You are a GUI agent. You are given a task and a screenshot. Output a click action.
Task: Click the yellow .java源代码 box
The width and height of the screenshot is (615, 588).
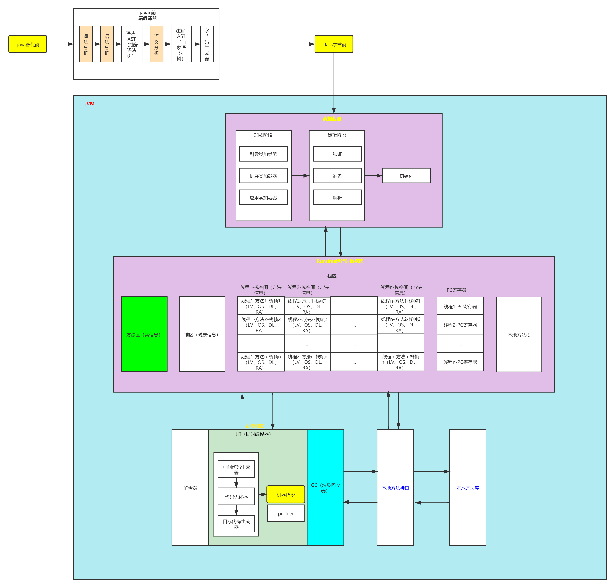(x=28, y=44)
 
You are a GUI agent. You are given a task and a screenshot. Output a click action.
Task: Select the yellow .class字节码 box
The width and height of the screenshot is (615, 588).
(x=334, y=44)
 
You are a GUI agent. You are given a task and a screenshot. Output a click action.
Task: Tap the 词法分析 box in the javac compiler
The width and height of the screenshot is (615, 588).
(x=86, y=44)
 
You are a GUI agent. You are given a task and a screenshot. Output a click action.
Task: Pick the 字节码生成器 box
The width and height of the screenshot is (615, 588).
(x=207, y=44)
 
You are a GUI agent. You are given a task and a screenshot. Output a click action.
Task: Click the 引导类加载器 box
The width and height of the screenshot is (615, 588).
(x=263, y=154)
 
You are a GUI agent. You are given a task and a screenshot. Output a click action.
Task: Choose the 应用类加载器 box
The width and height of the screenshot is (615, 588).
(x=263, y=198)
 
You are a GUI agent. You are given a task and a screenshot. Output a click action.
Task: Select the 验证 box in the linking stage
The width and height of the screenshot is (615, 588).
(x=337, y=154)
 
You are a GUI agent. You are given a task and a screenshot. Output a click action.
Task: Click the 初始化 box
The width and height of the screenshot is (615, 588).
(x=406, y=176)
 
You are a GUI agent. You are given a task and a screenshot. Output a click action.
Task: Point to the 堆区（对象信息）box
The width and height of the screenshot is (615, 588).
(x=202, y=334)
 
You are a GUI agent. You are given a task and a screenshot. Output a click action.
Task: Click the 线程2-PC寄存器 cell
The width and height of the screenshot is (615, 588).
(x=460, y=325)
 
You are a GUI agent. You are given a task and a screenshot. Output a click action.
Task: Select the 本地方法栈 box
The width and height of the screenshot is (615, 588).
(x=519, y=334)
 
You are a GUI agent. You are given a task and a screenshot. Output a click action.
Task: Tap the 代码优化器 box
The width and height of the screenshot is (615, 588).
(x=236, y=496)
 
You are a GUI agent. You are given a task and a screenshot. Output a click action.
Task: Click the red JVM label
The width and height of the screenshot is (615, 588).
(x=89, y=104)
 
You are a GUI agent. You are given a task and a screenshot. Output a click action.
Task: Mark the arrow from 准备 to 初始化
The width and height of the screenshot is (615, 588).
(x=373, y=176)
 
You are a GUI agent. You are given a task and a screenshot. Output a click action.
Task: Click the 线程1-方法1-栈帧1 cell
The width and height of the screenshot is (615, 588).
(x=261, y=306)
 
